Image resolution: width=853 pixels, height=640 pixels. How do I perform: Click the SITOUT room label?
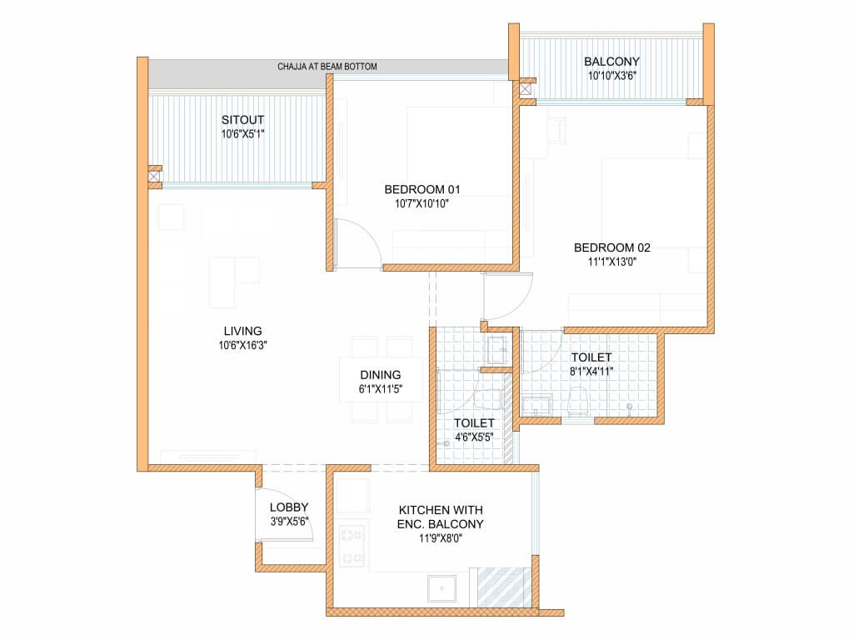pyautogui.click(x=242, y=120)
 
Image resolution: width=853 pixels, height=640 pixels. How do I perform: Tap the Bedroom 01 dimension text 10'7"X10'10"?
pyautogui.click(x=422, y=204)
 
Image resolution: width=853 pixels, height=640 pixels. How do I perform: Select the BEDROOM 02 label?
pyautogui.click(x=612, y=247)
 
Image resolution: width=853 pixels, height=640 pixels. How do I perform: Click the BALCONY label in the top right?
pyautogui.click(x=611, y=62)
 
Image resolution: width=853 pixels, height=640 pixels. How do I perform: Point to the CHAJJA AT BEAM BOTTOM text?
pyautogui.click(x=327, y=67)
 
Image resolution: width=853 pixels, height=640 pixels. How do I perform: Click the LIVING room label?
pyautogui.click(x=242, y=331)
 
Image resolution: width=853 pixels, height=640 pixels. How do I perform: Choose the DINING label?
pyautogui.click(x=380, y=375)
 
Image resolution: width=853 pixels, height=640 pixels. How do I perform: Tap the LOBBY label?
pyautogui.click(x=289, y=507)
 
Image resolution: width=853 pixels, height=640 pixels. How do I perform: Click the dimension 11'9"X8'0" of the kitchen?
pyautogui.click(x=440, y=539)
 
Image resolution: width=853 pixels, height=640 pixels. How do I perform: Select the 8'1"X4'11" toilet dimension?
pyautogui.click(x=591, y=372)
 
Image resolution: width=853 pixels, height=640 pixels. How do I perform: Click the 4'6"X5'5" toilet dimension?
pyautogui.click(x=474, y=437)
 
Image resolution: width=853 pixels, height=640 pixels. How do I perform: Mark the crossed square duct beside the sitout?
pyautogui.click(x=154, y=177)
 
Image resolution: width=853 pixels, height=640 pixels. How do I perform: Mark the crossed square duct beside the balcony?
pyautogui.click(x=526, y=89)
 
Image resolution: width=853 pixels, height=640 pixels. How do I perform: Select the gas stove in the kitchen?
pyautogui.click(x=352, y=546)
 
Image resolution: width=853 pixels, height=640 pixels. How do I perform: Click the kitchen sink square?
pyautogui.click(x=441, y=588)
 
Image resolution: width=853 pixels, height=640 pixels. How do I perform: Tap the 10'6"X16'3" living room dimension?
pyautogui.click(x=242, y=345)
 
